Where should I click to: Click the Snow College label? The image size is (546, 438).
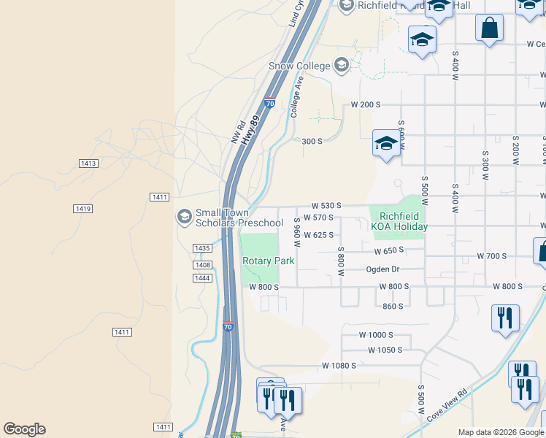click(x=299, y=66)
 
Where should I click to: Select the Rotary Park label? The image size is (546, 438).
click(x=268, y=261)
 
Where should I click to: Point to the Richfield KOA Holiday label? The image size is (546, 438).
click(x=399, y=221)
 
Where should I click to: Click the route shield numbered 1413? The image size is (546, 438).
click(x=88, y=163)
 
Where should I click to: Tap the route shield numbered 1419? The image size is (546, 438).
click(x=82, y=209)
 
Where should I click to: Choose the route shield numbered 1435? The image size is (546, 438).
click(x=202, y=248)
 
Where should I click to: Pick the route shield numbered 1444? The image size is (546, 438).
click(x=202, y=278)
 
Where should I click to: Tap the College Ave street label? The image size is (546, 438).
click(x=296, y=96)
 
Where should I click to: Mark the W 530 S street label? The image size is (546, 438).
click(x=326, y=206)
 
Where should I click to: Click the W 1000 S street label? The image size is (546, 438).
click(x=377, y=334)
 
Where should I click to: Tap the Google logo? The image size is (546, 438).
click(x=24, y=429)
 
